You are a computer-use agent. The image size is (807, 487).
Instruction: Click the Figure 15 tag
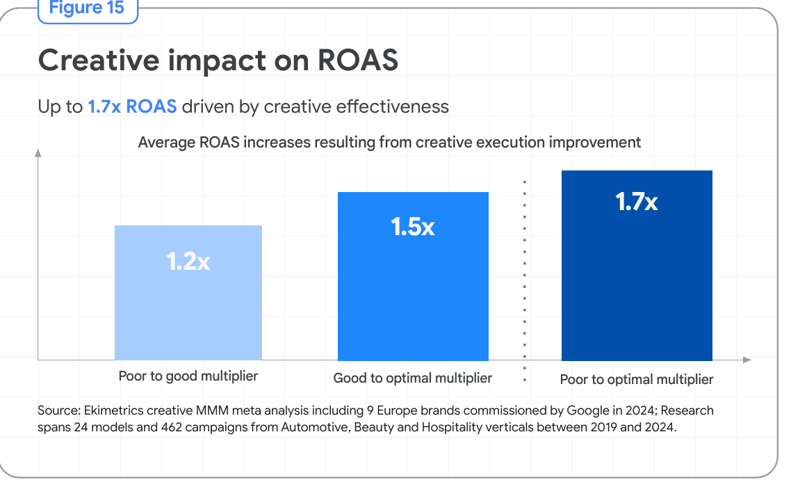tap(88, 9)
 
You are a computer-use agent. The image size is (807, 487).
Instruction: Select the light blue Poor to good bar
tap(188, 293)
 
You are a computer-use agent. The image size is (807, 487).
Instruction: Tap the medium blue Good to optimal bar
tap(413, 276)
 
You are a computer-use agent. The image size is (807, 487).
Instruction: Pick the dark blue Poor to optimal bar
tap(637, 265)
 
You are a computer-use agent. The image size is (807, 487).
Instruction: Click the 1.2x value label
tap(188, 262)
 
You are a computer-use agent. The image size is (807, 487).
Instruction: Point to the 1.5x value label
tap(413, 227)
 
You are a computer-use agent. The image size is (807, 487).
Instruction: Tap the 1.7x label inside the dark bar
tap(637, 202)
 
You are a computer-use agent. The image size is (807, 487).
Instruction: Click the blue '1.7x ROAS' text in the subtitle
tap(132, 106)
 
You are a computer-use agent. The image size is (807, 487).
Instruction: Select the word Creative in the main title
tap(99, 61)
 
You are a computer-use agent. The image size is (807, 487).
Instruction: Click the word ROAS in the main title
tap(358, 61)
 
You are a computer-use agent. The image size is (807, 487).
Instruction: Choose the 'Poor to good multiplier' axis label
tap(188, 376)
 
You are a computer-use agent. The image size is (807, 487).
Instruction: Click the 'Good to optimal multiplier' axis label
tap(413, 378)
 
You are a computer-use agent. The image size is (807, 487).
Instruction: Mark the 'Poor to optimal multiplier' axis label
tap(637, 380)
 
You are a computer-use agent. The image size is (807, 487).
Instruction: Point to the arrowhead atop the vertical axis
tap(38, 153)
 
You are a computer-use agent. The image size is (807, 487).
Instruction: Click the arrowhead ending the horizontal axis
tap(747, 360)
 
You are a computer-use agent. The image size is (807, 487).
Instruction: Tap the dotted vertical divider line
tap(525, 281)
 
